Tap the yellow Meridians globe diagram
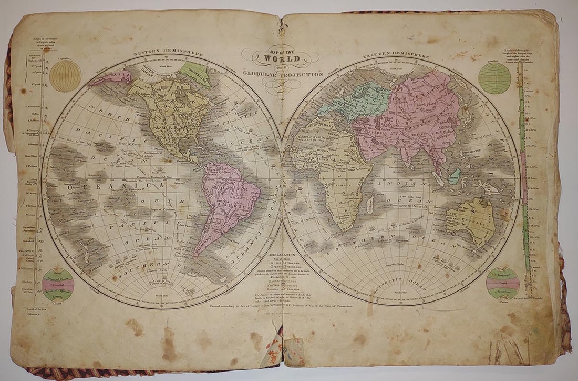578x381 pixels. tap(66, 75)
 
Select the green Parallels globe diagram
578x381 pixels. tap(494, 78)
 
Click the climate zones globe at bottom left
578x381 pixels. tap(58, 285)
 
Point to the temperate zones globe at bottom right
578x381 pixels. tap(502, 283)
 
